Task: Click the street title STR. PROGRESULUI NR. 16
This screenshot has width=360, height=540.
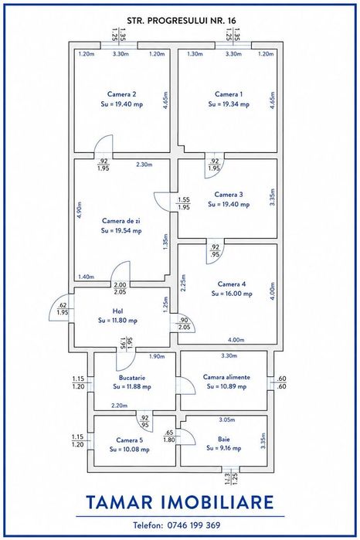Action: (182, 21)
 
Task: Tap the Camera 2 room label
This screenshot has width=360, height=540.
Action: (121, 94)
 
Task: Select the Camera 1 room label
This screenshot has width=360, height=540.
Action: (229, 94)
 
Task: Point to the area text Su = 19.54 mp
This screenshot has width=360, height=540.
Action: (121, 231)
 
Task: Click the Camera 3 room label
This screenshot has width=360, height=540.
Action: (229, 195)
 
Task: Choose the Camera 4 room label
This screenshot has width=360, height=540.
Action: (232, 284)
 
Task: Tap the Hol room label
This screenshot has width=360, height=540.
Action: (118, 311)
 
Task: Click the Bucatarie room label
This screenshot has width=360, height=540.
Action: (132, 378)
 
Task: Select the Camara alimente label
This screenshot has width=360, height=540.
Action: (226, 377)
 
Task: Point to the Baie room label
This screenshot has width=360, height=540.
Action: (223, 439)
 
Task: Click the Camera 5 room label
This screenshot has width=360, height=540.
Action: (130, 440)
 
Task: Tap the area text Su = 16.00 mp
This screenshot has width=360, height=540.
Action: (232, 294)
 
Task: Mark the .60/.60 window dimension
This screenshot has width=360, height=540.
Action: (281, 382)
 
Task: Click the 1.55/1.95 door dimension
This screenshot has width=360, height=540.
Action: (184, 203)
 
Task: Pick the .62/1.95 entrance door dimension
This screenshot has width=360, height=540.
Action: (63, 309)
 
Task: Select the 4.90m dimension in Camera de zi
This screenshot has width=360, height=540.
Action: (80, 209)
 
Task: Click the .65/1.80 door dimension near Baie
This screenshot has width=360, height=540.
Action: (169, 436)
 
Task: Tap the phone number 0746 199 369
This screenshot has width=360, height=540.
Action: (194, 525)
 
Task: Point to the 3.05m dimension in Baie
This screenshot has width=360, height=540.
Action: (227, 419)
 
